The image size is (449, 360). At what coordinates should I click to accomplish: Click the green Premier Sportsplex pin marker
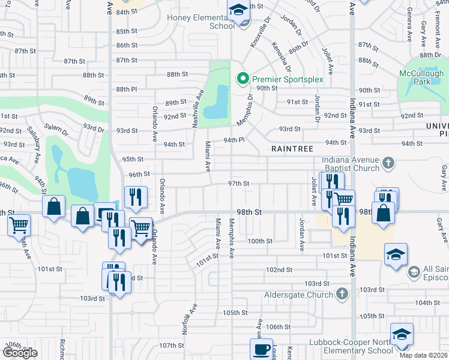click(x=243, y=79)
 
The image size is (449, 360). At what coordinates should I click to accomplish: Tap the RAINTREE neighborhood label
click(x=289, y=148)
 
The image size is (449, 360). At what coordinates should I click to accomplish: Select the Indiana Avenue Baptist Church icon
click(x=388, y=162)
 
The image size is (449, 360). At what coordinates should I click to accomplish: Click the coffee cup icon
click(x=261, y=350)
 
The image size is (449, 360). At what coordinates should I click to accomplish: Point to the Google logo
click(x=20, y=353)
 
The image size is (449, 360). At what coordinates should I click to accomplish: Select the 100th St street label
click(x=261, y=241)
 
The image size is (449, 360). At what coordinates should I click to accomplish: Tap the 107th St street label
click(x=172, y=346)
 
